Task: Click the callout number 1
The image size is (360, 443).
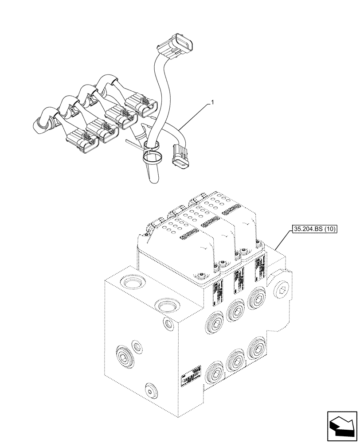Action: [213, 103]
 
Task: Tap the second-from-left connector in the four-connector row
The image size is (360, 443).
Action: [102, 130]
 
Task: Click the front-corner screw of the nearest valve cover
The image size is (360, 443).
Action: [202, 276]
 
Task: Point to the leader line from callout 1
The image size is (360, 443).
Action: [195, 115]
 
